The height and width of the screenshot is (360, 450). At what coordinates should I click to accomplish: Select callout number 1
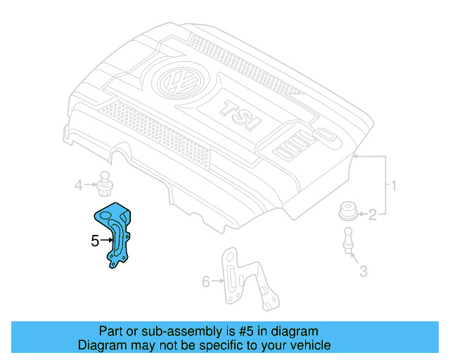(x=394, y=186)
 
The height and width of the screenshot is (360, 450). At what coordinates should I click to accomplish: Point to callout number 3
(x=363, y=271)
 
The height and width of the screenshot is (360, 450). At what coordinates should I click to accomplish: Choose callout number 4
(x=79, y=186)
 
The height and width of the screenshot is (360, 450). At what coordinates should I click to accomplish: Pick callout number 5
(x=95, y=241)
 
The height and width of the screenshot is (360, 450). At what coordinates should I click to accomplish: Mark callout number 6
(x=206, y=282)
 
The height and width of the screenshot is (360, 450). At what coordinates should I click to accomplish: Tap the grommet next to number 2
(x=348, y=211)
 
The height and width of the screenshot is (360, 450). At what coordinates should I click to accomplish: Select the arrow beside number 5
(x=107, y=241)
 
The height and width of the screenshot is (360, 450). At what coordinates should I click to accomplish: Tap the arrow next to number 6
(x=217, y=282)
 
